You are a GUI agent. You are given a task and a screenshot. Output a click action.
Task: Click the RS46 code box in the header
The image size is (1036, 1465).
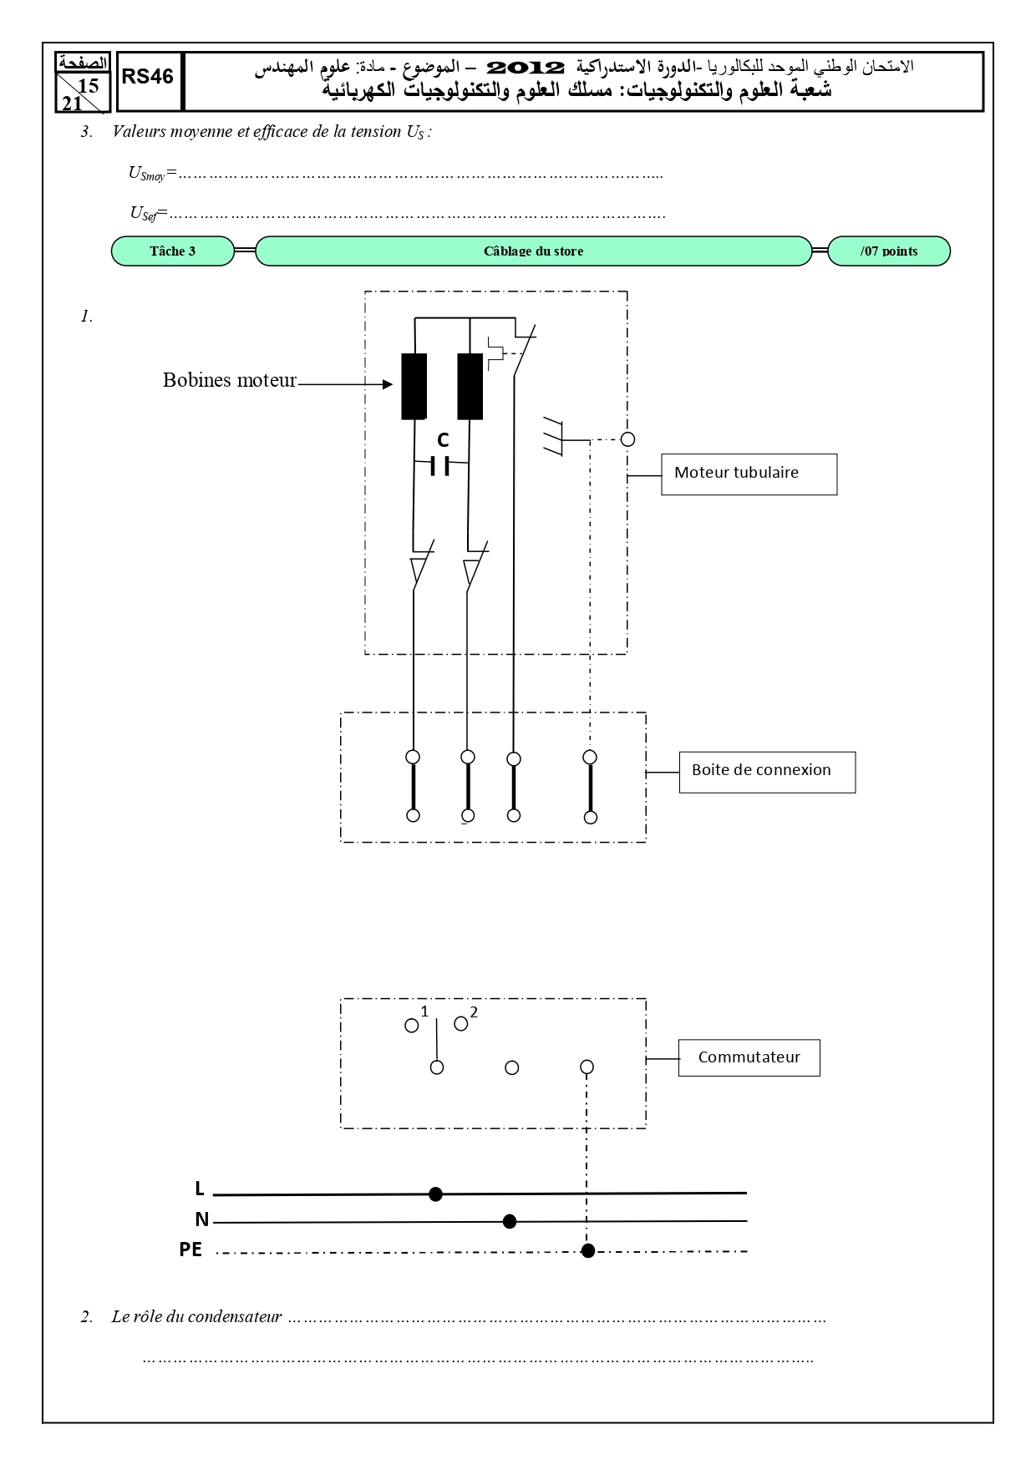[x=150, y=81]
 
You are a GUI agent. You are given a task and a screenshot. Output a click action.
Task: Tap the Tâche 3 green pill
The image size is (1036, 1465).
[x=173, y=251]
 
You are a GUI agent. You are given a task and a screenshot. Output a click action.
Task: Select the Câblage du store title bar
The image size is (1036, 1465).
[x=533, y=251]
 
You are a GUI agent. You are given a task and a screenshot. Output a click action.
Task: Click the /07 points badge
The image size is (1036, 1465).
[x=889, y=251]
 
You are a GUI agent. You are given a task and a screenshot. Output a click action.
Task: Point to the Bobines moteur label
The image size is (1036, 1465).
[x=230, y=381]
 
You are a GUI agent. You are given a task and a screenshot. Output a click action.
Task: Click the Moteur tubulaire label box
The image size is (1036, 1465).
[x=749, y=474]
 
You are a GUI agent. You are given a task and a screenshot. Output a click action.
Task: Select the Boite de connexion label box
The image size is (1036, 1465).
[x=767, y=773]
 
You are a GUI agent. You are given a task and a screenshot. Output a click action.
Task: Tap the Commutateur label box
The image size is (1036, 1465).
[x=749, y=1057]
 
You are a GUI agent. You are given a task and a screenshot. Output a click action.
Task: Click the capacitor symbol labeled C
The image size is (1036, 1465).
[x=441, y=466]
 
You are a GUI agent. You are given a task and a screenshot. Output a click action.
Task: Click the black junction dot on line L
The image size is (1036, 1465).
[x=435, y=1194]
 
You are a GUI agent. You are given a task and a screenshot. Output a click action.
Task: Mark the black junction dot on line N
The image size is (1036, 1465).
[x=510, y=1222]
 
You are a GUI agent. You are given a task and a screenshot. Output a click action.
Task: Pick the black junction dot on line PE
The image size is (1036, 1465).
[x=588, y=1250]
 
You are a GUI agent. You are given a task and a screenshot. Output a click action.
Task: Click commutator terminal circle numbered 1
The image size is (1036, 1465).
[x=411, y=1026]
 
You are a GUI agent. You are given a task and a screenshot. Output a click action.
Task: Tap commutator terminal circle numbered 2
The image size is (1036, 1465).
[x=460, y=1023]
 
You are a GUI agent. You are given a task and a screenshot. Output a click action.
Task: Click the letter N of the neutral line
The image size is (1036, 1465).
[x=201, y=1219]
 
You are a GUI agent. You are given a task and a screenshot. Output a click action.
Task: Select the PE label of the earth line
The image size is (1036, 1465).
[x=190, y=1250]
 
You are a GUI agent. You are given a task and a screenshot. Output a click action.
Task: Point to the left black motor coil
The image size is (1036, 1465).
[x=414, y=386]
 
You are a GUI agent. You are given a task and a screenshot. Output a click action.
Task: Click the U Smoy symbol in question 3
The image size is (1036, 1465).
[x=147, y=174]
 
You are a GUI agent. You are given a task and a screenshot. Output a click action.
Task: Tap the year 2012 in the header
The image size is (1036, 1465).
[x=526, y=67]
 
